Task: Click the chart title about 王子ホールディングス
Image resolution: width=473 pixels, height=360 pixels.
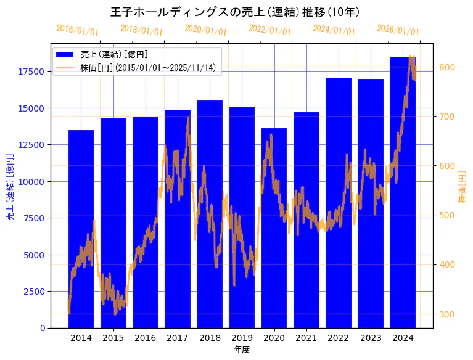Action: tap(236, 12)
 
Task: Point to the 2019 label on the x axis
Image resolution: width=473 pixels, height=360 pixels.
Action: tap(242, 338)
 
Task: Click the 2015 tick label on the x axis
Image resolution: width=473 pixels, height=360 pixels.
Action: tap(113, 338)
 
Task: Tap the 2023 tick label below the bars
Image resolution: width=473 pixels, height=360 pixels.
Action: tap(371, 338)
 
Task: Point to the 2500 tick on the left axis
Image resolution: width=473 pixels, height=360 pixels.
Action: tap(35, 291)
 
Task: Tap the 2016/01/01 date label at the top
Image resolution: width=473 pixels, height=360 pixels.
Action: tap(77, 30)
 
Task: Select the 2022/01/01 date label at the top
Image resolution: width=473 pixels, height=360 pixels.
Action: tap(269, 30)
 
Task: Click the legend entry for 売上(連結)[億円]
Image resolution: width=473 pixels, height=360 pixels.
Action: tap(114, 55)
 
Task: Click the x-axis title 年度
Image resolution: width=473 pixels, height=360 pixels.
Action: tap(242, 350)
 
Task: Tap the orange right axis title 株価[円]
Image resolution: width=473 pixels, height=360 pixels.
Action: tap(462, 188)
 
